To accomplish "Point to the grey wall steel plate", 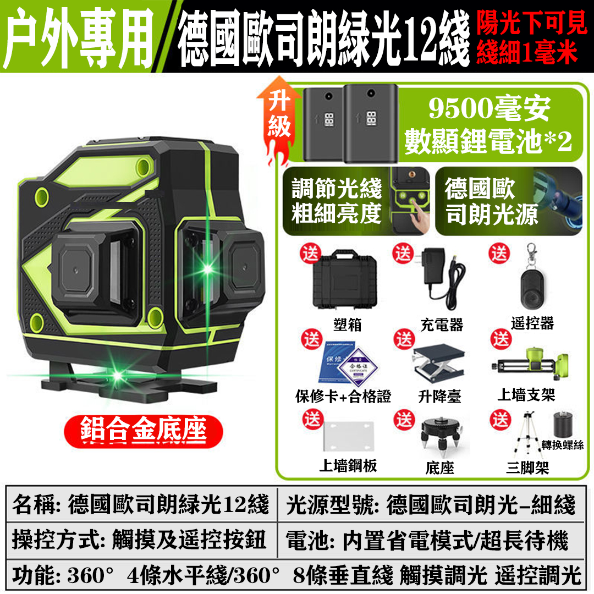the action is coord(349,436).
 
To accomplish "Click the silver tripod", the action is coord(527,436).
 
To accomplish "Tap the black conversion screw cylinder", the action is coord(563,425).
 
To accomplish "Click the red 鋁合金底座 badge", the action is coord(143,431).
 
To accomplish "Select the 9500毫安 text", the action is coord(489,109).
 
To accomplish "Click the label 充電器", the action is coord(442,324).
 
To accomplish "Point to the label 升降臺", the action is coord(439,397).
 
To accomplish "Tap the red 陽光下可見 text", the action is coord(531,23).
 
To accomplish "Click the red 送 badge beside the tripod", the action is coord(500,419).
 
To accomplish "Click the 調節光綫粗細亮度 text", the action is coord(337,201).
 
